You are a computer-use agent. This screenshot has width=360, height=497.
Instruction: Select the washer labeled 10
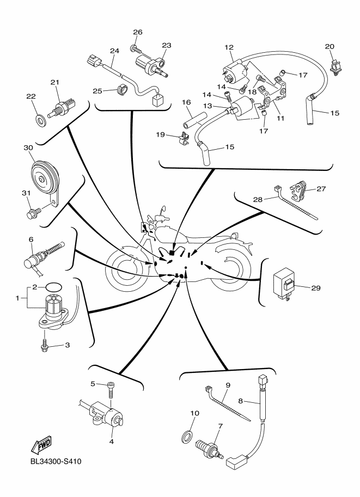tap(186, 435)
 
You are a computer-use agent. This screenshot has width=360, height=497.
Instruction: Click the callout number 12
tap(229, 47)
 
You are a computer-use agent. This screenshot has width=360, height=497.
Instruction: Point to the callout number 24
tap(114, 51)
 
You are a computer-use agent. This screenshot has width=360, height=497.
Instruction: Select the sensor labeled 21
tap(61, 104)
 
